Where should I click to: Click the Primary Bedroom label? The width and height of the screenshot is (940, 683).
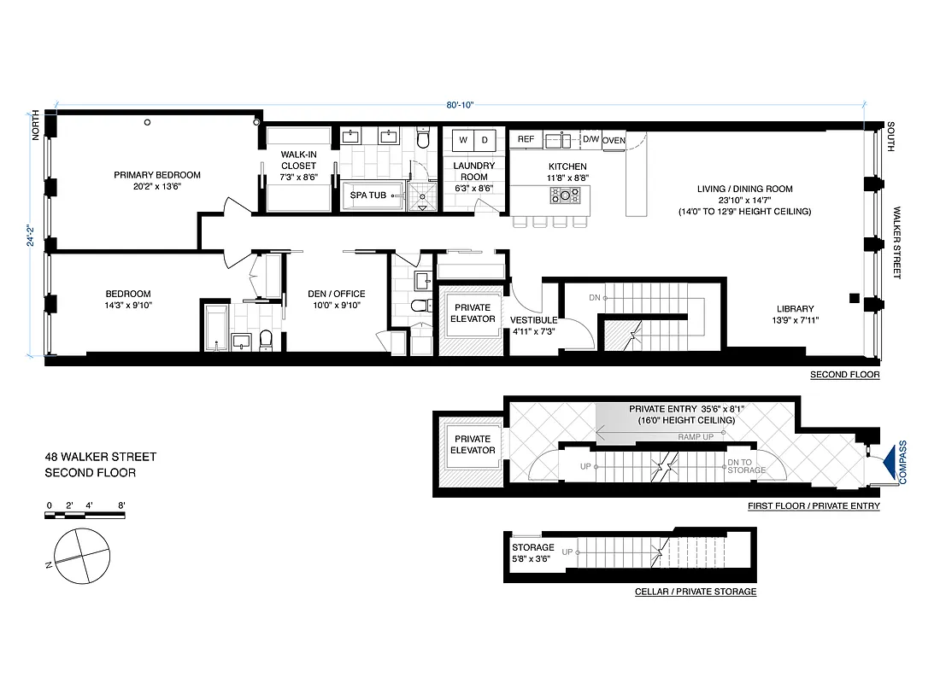[157, 175]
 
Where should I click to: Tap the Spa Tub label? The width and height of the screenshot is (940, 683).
[367, 196]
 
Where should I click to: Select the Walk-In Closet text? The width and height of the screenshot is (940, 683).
[299, 161]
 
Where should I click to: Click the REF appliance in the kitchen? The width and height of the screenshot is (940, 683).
[526, 139]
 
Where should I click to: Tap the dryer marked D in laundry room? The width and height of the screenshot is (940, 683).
[484, 139]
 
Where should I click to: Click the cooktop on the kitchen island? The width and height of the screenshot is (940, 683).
[564, 196]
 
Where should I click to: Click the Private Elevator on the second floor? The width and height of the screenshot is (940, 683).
[473, 313]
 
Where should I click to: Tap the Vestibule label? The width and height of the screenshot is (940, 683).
[534, 320]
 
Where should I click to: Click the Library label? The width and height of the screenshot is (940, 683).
[795, 309]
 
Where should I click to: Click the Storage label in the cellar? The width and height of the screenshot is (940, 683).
[532, 547]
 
